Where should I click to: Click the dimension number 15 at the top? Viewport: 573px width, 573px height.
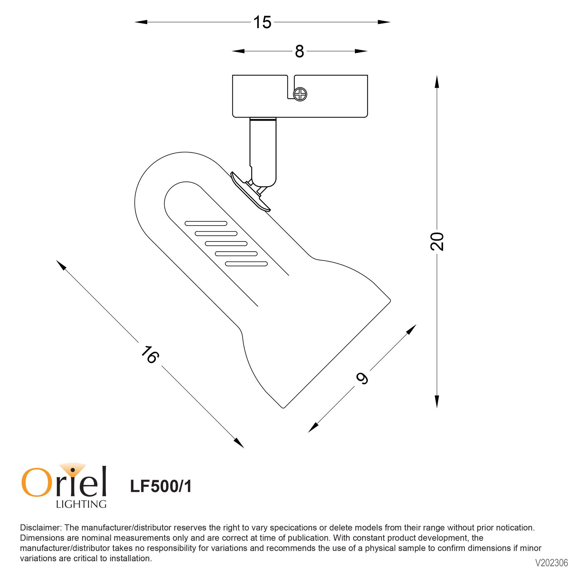click(262, 22)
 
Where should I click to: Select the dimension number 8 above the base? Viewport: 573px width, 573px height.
click(299, 52)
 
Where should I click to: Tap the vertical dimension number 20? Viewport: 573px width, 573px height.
click(437, 241)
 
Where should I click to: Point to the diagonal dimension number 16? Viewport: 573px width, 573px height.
click(150, 355)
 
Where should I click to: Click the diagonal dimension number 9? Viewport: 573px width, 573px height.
click(362, 378)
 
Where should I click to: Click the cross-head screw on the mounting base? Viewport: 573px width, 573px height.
click(300, 94)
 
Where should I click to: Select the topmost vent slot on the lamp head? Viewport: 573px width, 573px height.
click(206, 223)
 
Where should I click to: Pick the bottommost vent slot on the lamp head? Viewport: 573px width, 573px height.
click(247, 264)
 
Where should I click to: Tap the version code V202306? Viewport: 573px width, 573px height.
click(551, 563)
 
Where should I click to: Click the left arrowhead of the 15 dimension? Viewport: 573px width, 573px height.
click(141, 22)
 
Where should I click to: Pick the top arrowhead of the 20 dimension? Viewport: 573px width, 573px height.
click(437, 82)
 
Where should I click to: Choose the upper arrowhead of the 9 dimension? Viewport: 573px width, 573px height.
click(411, 329)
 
